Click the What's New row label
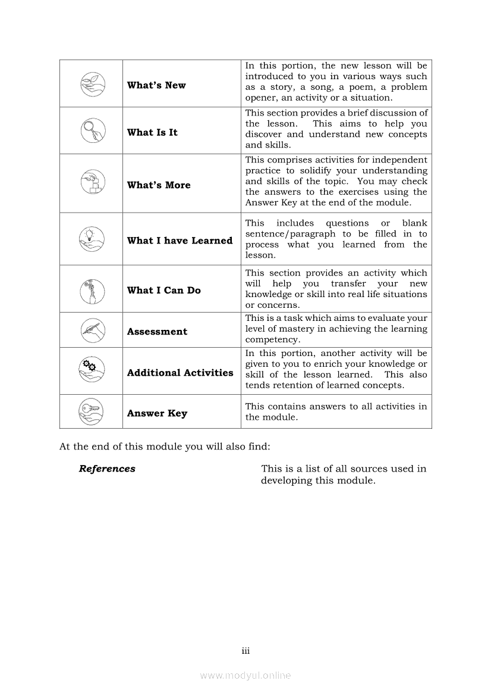(156, 85)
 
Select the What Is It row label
(152, 132)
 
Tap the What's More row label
(159, 185)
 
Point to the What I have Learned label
(180, 241)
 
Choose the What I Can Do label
(164, 291)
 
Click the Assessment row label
(157, 332)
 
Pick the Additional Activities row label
(180, 373)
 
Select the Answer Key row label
(157, 413)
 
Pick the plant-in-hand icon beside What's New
(92, 83)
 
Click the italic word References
(107, 469)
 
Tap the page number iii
(245, 651)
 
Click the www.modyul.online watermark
(245, 676)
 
